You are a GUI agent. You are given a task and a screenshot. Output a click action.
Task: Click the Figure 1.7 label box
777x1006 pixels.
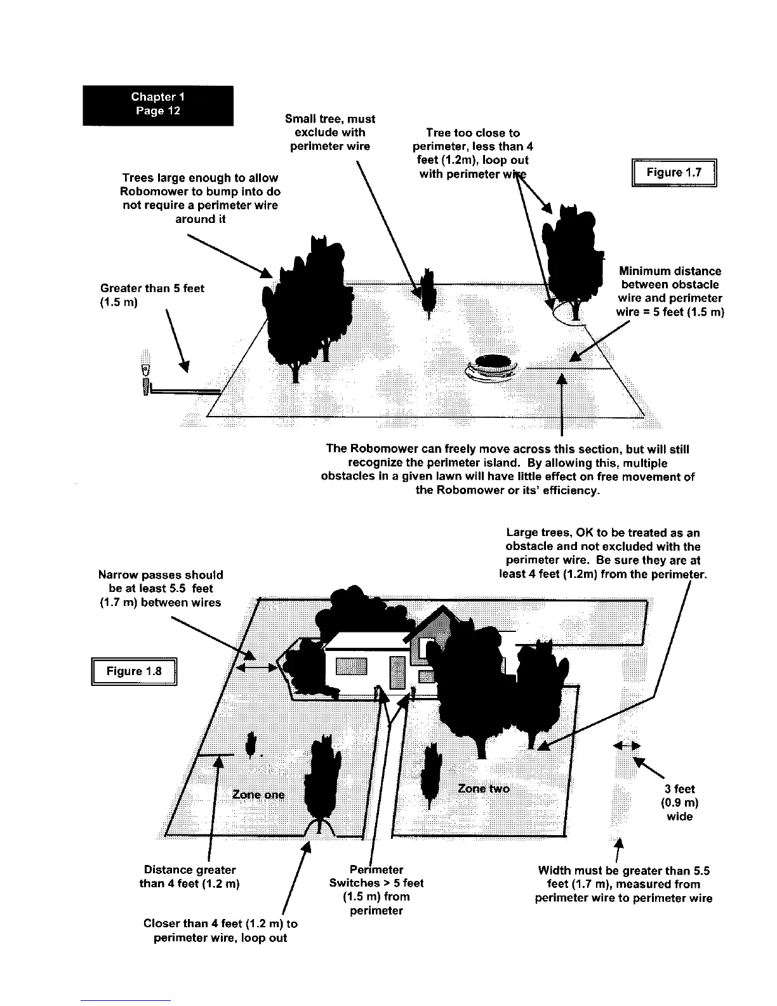click(x=674, y=173)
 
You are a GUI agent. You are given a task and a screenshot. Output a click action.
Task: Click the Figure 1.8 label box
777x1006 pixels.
click(x=134, y=671)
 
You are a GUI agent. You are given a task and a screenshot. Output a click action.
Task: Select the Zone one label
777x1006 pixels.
click(x=258, y=795)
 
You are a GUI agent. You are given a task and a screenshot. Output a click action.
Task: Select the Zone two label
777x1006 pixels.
click(x=483, y=788)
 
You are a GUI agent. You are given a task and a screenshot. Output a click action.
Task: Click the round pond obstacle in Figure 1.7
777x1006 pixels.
click(x=495, y=366)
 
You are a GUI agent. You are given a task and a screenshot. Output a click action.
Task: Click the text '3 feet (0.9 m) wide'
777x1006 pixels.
click(x=679, y=803)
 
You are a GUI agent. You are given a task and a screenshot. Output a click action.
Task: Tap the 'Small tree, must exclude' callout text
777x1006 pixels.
click(x=330, y=133)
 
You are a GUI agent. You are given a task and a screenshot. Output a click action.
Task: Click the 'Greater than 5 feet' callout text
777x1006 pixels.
click(x=152, y=295)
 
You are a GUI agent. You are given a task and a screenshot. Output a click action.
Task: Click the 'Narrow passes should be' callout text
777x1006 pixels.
click(x=161, y=588)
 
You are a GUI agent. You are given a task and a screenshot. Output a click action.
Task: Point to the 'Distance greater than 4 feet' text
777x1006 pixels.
click(x=189, y=876)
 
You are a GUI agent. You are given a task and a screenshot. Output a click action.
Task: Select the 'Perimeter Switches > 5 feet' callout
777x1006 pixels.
click(x=376, y=890)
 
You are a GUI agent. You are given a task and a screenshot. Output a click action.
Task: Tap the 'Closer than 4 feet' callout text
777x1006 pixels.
click(x=220, y=930)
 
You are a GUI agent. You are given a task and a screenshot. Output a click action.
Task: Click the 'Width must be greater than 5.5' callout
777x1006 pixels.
click(x=623, y=883)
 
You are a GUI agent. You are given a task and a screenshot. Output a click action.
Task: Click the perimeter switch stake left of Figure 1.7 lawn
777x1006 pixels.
click(x=146, y=379)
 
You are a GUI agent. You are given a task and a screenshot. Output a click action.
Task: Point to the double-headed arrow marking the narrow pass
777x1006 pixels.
click(x=256, y=667)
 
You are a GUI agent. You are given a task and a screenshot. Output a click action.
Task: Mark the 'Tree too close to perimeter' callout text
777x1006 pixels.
click(x=473, y=153)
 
